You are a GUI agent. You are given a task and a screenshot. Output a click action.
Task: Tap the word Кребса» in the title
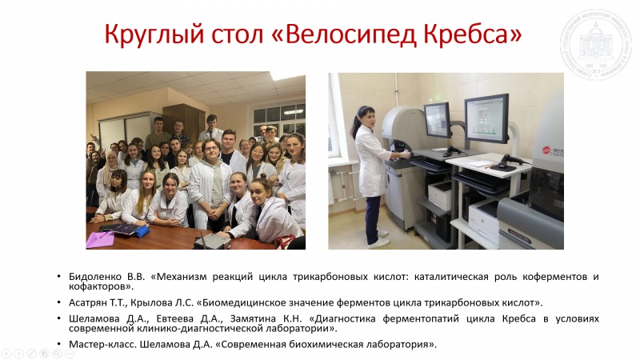(473, 34)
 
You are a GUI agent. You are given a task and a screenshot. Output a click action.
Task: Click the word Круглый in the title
(154, 35)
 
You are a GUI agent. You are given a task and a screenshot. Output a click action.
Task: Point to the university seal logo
(595, 45)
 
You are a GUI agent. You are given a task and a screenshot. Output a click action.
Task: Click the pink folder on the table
(99, 239)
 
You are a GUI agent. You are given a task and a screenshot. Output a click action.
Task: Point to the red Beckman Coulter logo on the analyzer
(553, 151)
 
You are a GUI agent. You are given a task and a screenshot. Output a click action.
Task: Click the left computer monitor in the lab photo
(437, 119)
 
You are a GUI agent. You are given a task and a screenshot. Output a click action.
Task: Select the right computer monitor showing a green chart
(487, 118)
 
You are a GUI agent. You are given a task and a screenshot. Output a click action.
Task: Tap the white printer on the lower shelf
(440, 195)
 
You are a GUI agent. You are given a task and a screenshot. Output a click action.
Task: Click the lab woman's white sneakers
(378, 241)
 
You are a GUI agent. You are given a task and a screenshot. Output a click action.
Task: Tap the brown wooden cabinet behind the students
(184, 121)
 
